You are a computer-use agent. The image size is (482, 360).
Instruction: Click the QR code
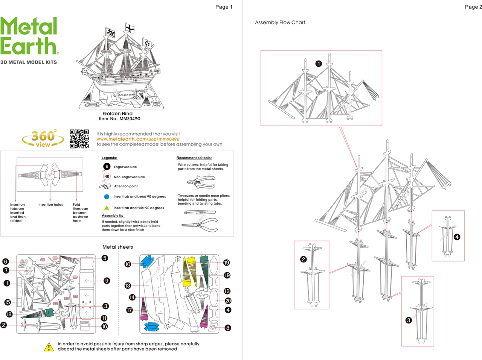(79, 139)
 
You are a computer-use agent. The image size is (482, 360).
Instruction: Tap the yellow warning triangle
(49, 347)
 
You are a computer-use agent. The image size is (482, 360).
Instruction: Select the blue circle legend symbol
(107, 197)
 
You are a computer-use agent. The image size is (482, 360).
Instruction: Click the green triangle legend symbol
(107, 208)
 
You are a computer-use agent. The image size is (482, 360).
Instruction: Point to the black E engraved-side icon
(107, 167)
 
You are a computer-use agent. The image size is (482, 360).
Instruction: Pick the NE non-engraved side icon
(107, 176)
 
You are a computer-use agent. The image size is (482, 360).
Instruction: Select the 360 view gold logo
(43, 138)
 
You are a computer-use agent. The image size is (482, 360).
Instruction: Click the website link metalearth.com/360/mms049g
(138, 139)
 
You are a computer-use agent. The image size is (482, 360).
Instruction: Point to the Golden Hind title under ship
(117, 114)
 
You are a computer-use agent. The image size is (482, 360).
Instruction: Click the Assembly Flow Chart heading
(280, 23)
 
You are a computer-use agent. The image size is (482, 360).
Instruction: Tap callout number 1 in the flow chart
(319, 64)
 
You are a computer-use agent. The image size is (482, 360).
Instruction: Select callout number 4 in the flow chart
(457, 237)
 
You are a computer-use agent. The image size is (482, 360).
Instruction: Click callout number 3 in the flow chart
(409, 320)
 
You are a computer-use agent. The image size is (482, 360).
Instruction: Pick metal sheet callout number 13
(128, 286)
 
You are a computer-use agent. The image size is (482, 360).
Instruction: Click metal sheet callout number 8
(228, 328)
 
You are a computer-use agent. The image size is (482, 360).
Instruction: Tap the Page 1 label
(224, 7)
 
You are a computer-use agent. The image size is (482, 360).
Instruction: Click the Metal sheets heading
(117, 247)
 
